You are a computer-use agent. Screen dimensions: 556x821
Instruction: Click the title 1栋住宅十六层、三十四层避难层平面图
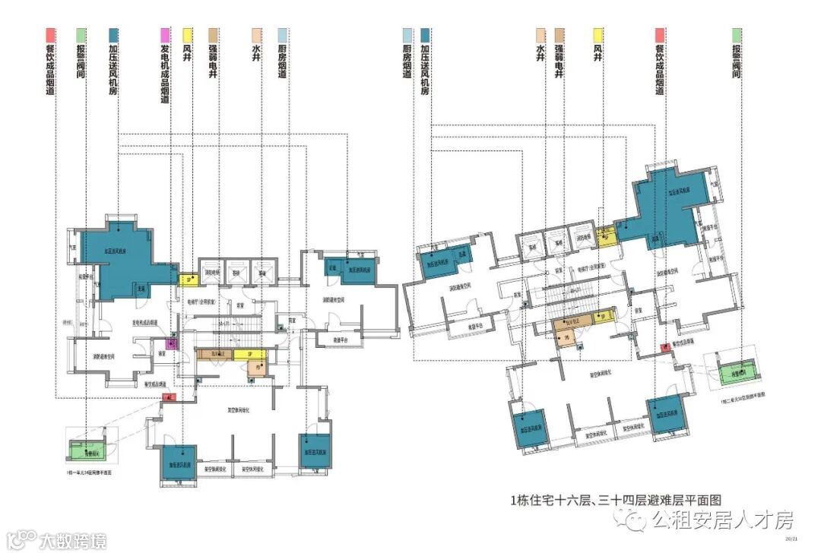click(x=616, y=500)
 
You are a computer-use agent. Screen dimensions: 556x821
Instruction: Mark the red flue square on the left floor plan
click(x=171, y=396)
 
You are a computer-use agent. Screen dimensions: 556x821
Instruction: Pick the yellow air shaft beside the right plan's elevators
click(x=606, y=239)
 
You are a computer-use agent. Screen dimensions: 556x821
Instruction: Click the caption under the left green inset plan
click(x=90, y=472)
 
